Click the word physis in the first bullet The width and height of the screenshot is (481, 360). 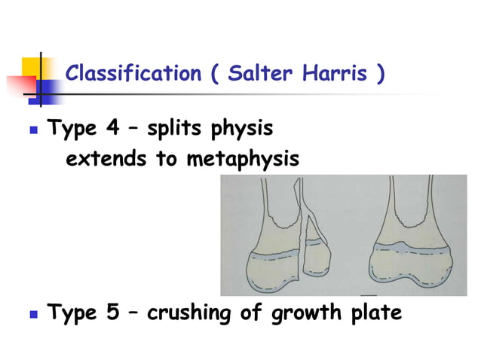pyautogui.click(x=244, y=130)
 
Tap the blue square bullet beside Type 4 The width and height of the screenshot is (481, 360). pyautogui.click(x=32, y=130)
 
